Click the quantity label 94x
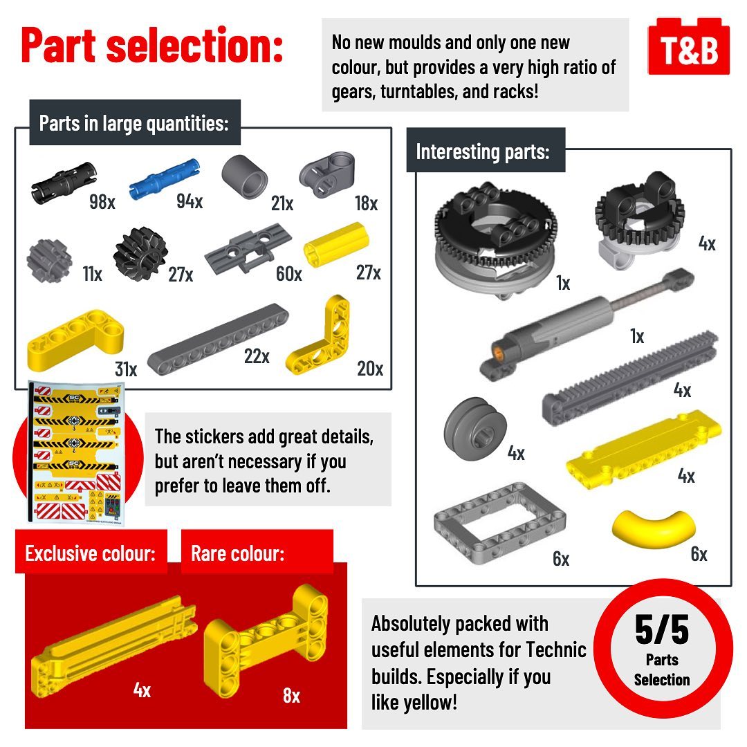click(x=190, y=201)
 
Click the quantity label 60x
click(x=288, y=274)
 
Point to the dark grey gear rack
click(x=629, y=371)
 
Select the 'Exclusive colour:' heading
click(x=90, y=553)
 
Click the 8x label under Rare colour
click(x=291, y=695)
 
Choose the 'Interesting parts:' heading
click(x=483, y=151)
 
